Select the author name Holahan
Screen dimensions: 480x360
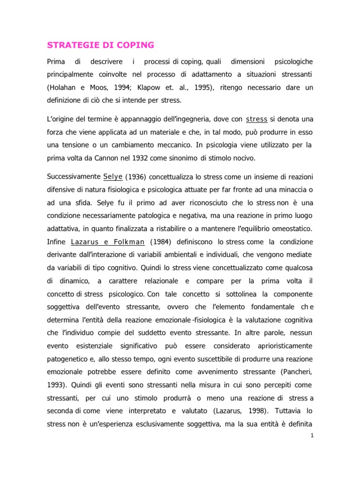point(64,87)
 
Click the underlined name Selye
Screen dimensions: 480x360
point(112,177)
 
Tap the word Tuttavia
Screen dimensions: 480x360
point(287,411)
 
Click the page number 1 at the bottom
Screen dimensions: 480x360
point(312,436)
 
